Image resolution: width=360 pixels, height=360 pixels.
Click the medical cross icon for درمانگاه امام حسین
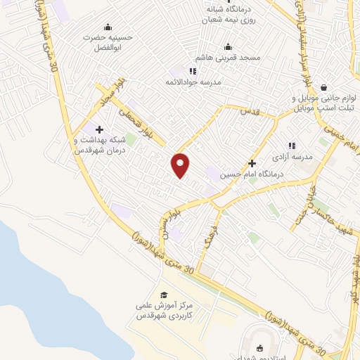click(252, 162)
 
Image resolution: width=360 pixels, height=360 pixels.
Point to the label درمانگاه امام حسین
click(244, 174)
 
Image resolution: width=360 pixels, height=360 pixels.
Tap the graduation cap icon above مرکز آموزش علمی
click(164, 295)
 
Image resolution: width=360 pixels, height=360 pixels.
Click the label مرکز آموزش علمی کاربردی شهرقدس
click(164, 311)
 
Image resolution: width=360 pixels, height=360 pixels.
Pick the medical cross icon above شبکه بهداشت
click(99, 129)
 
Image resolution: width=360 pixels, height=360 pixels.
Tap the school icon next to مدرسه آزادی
click(291, 145)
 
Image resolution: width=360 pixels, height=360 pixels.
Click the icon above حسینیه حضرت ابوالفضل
click(108, 27)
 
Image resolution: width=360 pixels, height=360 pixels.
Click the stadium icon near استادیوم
click(260, 347)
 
